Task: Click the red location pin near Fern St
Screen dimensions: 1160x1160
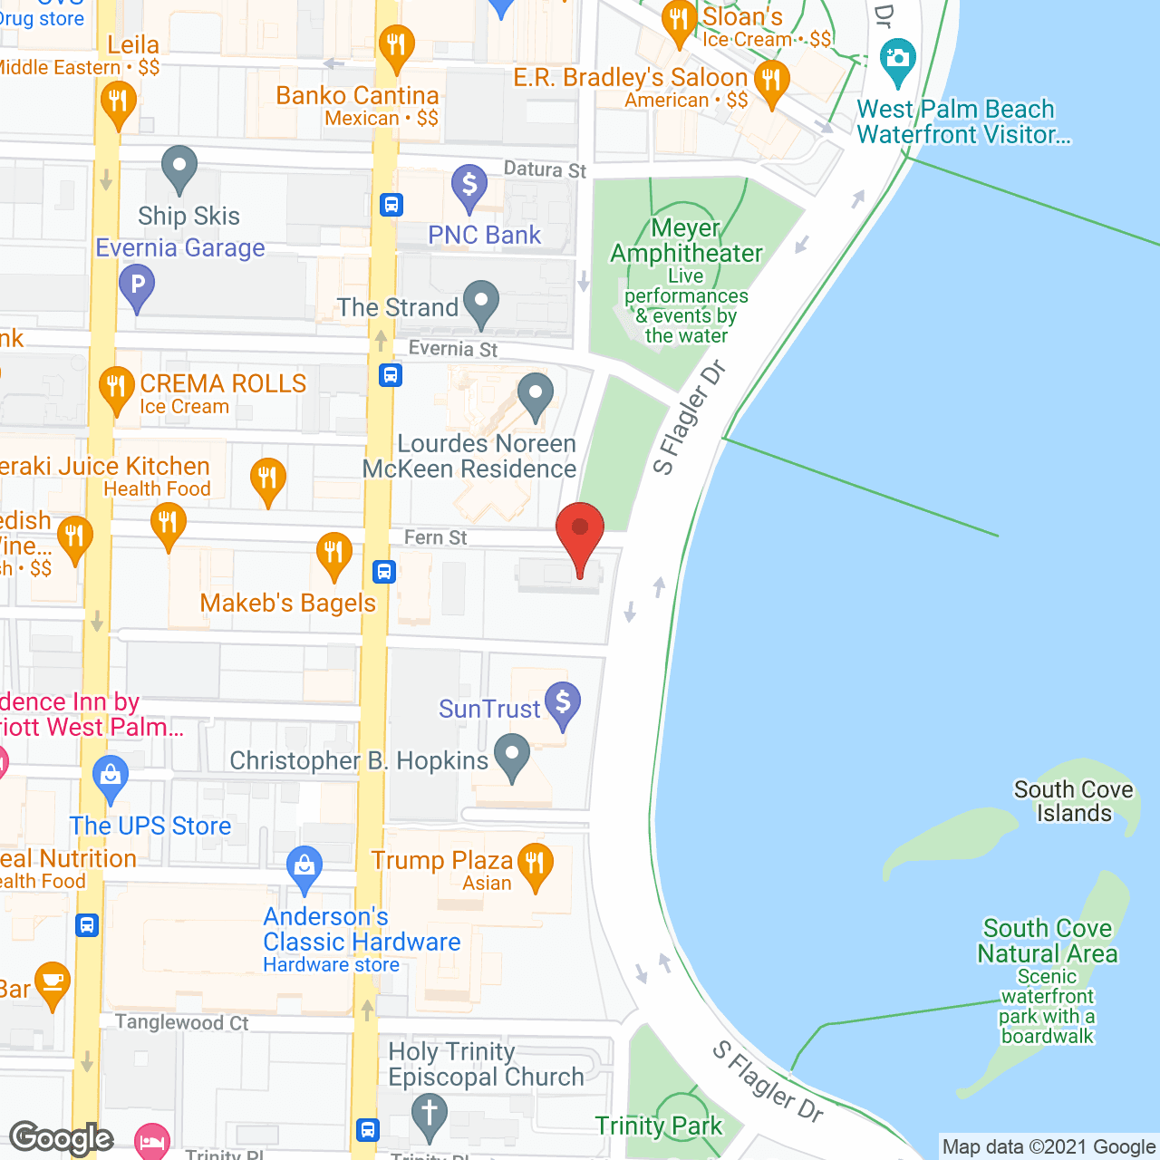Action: click(579, 534)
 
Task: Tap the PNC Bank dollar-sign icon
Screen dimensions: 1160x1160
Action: click(469, 186)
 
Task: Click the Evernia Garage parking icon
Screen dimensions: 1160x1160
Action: click(136, 285)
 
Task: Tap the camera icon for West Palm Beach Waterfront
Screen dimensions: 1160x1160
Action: click(897, 60)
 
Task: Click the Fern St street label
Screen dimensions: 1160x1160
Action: click(435, 537)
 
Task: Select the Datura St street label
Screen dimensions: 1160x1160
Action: click(545, 169)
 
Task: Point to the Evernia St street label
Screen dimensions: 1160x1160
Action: click(452, 349)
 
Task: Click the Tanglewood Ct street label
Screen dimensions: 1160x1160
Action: click(181, 1022)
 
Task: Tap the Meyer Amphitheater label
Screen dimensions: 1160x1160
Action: click(686, 241)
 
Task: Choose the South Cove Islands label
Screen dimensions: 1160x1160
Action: click(1073, 801)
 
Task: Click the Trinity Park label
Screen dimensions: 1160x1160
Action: click(658, 1126)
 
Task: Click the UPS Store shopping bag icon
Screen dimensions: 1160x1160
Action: click(111, 777)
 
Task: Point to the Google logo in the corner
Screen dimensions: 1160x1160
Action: click(62, 1137)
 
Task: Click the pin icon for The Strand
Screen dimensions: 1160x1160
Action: click(480, 303)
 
